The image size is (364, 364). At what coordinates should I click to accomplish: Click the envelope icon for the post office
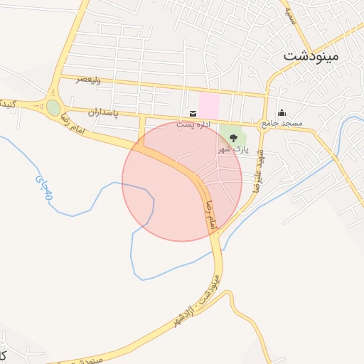(193, 113)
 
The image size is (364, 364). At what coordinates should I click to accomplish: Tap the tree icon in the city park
(233, 138)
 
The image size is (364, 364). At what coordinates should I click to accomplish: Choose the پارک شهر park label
(233, 151)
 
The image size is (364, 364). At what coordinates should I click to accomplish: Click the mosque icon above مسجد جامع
(282, 112)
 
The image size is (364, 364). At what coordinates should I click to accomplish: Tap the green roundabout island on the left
(53, 108)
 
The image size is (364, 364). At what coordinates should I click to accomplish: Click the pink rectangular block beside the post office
(208, 105)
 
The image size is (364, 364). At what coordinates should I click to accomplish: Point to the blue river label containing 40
(43, 187)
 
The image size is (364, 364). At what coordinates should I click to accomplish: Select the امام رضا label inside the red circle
(210, 215)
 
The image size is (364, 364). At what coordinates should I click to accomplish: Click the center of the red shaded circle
(182, 181)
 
